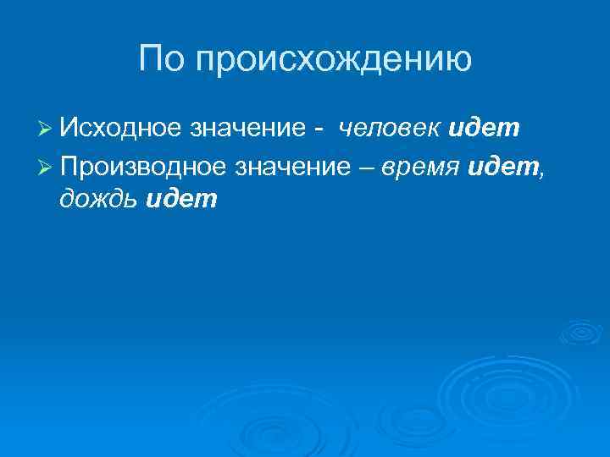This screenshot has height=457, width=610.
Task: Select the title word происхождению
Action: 332,62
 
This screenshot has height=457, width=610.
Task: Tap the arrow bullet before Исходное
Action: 47,129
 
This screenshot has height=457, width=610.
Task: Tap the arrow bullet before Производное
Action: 47,166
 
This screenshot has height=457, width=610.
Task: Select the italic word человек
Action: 389,129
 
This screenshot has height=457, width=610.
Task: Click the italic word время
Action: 419,166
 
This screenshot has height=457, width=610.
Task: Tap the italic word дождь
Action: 100,200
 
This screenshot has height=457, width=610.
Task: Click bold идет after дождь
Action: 182,200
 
